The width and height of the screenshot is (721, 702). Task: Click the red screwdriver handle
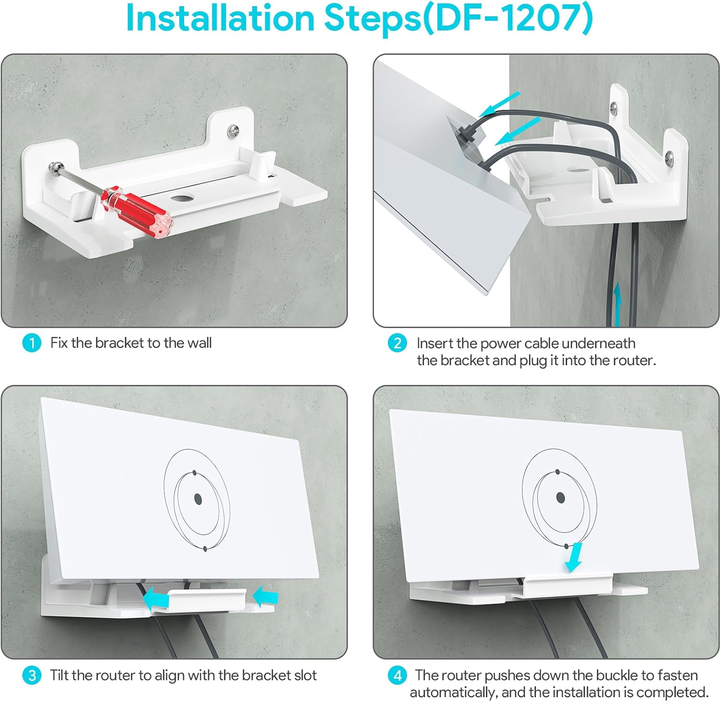coord(137,211)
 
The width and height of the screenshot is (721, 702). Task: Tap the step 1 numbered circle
coord(32,343)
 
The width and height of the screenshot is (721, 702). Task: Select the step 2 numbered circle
coord(398,343)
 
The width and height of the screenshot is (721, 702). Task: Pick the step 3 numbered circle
coord(32,676)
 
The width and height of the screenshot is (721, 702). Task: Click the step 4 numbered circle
coord(398,676)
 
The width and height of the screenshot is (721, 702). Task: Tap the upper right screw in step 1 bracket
coord(235,130)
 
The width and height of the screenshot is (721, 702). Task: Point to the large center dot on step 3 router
coord(198,499)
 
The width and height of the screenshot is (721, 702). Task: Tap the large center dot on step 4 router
coord(560,497)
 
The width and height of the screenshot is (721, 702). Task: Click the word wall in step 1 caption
coord(200,343)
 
